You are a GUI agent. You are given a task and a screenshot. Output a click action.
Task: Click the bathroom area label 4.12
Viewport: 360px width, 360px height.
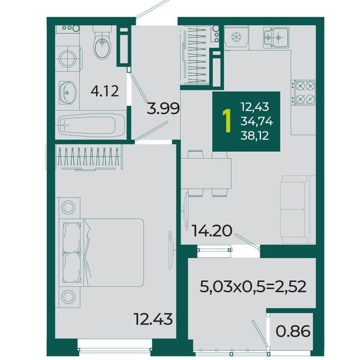tap(104, 91)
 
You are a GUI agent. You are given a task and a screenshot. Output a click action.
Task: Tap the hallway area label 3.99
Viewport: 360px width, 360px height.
tap(163, 109)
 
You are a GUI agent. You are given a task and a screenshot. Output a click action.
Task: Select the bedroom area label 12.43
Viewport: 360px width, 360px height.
tap(153, 319)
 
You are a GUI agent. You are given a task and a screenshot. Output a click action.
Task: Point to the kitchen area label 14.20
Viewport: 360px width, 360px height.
tap(212, 230)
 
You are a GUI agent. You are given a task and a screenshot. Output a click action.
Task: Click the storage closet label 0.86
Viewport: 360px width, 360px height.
tap(293, 331)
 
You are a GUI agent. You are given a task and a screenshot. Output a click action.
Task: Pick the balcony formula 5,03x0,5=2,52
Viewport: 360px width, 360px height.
tap(253, 287)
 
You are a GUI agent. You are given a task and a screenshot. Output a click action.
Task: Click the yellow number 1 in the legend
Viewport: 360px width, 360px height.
tap(227, 121)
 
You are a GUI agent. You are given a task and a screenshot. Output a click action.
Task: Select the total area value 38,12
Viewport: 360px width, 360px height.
tap(254, 136)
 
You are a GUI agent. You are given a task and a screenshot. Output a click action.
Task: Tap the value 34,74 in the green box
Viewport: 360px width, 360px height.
tap(257, 121)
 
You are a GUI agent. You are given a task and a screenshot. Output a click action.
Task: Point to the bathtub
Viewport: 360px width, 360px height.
tap(91, 125)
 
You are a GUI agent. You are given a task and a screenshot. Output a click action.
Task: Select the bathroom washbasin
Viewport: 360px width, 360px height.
tap(67, 92)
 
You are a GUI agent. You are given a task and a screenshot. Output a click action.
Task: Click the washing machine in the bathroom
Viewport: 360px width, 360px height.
tap(68, 59)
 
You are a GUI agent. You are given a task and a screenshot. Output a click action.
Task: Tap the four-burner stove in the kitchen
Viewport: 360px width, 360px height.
tap(303, 92)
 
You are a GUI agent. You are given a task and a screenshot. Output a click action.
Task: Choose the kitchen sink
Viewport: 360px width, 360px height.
tap(276, 37)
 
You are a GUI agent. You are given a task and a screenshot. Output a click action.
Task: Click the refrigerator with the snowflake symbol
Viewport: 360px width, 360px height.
tap(236, 37)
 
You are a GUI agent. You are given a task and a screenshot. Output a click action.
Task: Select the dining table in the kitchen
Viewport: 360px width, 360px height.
tap(206, 173)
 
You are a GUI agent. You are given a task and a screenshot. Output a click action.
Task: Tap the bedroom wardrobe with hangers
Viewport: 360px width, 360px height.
tap(89, 158)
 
